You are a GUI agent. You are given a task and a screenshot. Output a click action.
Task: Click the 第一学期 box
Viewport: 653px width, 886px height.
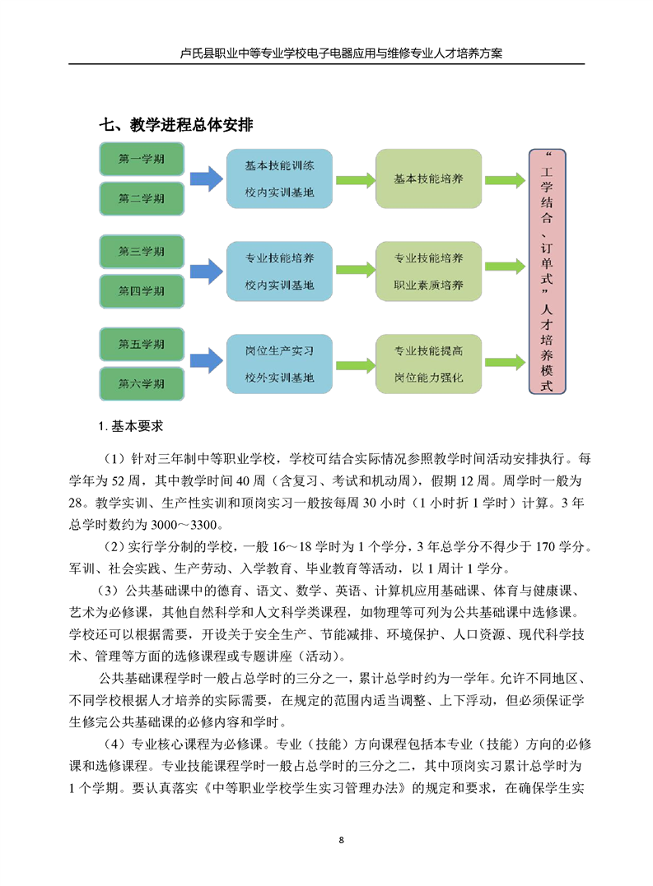coord(142,159)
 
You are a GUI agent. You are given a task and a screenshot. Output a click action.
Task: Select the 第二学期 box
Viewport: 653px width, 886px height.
coord(142,198)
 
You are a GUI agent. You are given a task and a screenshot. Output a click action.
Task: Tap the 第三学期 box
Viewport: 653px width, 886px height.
coord(142,252)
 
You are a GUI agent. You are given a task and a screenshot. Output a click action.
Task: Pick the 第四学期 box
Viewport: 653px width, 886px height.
coord(142,291)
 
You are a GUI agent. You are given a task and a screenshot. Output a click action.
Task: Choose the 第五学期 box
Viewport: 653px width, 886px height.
coord(142,344)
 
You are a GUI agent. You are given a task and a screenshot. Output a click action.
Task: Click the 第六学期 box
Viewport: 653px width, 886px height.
coord(142,383)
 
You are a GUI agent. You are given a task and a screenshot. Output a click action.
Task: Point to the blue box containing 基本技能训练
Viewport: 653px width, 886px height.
coord(279,179)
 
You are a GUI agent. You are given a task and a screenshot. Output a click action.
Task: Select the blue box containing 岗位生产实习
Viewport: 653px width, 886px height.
coord(279,364)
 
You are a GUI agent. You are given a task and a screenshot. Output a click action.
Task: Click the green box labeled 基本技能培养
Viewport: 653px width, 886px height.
coord(428,179)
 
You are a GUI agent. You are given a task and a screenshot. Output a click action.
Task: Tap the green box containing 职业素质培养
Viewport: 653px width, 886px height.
coord(428,271)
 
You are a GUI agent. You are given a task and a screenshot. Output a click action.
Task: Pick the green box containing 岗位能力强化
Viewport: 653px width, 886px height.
coord(428,364)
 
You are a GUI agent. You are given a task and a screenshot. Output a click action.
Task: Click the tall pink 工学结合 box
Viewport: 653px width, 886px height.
coord(547,271)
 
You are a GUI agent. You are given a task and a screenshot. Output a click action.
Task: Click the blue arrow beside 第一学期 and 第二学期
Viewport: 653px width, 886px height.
coord(207,179)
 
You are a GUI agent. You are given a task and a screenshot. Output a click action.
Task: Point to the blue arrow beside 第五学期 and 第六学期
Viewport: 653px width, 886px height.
coord(207,361)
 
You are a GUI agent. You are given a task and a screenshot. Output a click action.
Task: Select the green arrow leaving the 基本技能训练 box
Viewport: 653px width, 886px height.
coord(355,180)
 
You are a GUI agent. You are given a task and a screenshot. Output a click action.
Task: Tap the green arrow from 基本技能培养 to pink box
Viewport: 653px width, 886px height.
coord(505,180)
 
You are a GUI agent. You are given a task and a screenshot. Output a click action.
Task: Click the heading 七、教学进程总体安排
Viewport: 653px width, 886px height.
coord(176,125)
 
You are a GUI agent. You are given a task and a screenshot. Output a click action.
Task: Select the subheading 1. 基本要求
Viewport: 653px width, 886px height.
coord(131,426)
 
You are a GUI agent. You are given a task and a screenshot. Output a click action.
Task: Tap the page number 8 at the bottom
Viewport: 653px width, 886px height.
coord(341,840)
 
